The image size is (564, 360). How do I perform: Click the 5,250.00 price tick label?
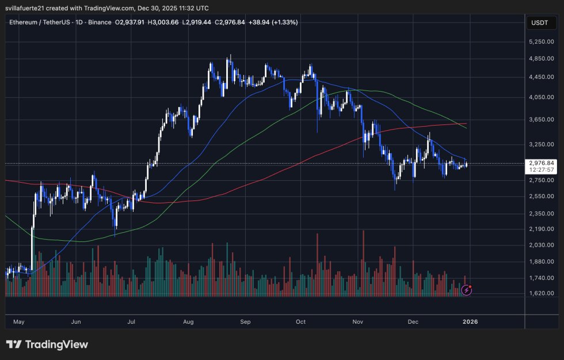tap(540, 42)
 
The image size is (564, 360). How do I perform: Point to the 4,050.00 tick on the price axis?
tap(540, 98)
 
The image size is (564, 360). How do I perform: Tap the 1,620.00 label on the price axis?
tap(540, 293)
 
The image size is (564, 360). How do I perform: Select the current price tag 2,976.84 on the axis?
tap(540, 163)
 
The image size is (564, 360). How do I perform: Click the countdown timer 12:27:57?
tap(540, 170)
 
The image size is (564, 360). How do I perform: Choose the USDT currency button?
tap(540, 23)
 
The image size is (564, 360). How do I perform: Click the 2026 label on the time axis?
tap(470, 321)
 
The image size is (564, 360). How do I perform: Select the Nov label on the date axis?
tap(359, 321)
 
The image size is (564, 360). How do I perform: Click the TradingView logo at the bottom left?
tap(47, 344)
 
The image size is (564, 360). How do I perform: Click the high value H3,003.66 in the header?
tap(163, 22)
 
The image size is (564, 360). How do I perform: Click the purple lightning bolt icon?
tap(467, 290)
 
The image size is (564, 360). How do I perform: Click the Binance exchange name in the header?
tap(100, 22)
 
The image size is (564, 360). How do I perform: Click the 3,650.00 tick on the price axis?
tap(540, 120)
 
